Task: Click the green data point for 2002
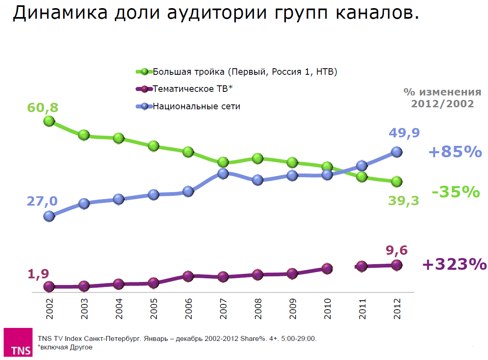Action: (49, 121)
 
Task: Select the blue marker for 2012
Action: (397, 152)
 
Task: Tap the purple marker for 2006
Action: (188, 276)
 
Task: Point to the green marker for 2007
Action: (222, 162)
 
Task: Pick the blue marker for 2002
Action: (49, 216)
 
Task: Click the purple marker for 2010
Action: (327, 268)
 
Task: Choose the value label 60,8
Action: (43, 108)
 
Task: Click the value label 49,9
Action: (404, 132)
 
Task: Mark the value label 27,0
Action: (42, 201)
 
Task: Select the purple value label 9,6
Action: (396, 249)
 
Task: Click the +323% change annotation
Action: (454, 265)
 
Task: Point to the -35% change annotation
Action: (456, 192)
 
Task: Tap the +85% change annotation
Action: (455, 152)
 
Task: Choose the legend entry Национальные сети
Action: (196, 106)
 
